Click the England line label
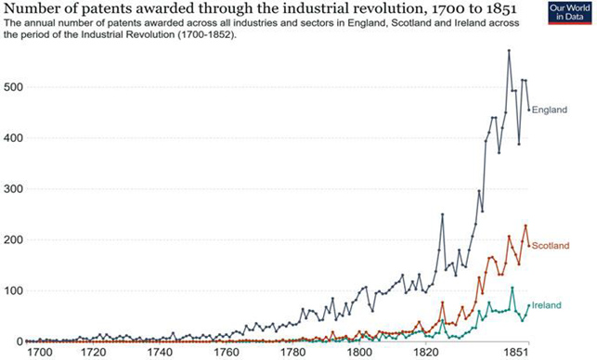[550, 109]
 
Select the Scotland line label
[552, 246]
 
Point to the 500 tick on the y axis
[11, 87]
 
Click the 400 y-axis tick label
[11, 138]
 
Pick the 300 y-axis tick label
[11, 189]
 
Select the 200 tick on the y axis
[11, 240]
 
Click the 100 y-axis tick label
[11, 291]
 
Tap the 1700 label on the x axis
[40, 353]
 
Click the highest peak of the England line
[509, 50]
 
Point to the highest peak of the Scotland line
[526, 225]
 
